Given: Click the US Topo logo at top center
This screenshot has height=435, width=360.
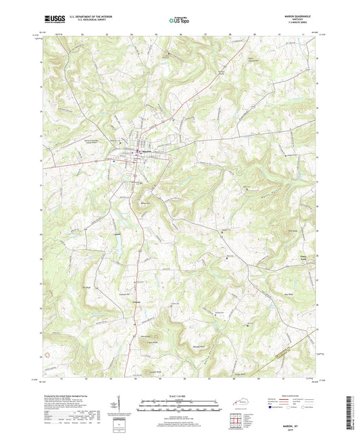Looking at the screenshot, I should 179,20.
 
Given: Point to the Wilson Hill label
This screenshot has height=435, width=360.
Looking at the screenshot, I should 144,203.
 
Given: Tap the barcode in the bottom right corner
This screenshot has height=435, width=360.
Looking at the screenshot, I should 353,413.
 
